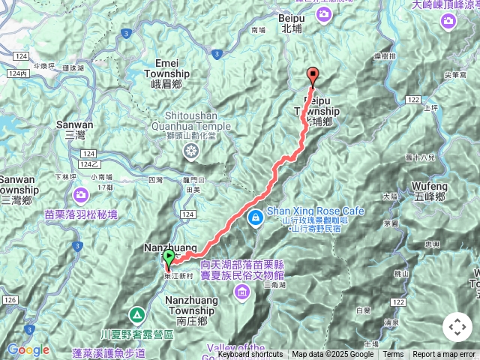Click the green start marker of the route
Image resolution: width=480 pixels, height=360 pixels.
tap(169, 259)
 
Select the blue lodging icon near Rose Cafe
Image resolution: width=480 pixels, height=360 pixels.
tap(256, 217)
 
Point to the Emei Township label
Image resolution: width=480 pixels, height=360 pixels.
tap(172, 69)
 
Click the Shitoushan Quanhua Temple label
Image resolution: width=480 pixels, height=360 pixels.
tap(191, 121)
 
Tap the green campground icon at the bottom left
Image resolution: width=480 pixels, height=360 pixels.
tap(137, 315)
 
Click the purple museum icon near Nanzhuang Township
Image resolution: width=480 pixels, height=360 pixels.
tap(243, 290)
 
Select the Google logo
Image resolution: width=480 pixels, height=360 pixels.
tap(28, 349)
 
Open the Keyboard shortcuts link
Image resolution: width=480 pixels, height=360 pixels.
tap(250, 355)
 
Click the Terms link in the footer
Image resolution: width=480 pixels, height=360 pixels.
tap(393, 355)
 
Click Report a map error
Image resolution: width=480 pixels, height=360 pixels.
tap(445, 355)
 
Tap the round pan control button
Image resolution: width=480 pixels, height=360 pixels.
tap(457, 327)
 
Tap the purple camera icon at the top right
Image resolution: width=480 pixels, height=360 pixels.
tap(448, 21)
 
